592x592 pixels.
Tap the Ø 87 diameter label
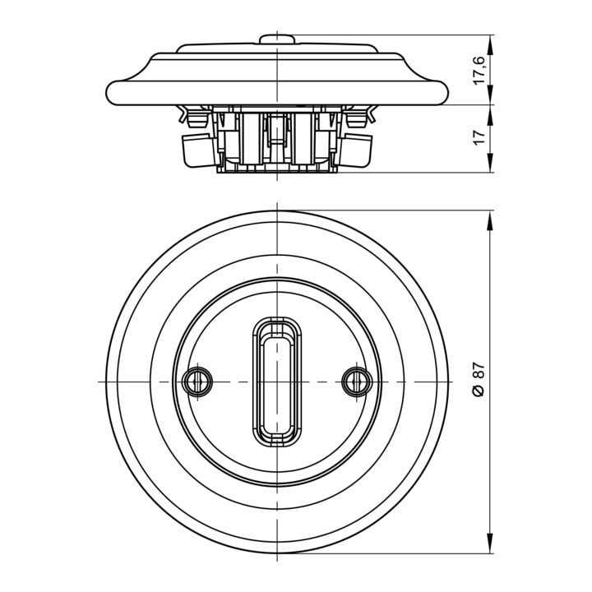pyautogui.click(x=479, y=379)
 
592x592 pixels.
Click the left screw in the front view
pyautogui.click(x=197, y=382)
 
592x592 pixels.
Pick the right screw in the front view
pyautogui.click(x=357, y=382)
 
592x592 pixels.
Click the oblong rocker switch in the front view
pyautogui.click(x=277, y=382)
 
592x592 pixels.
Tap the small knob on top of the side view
pyautogui.click(x=277, y=39)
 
